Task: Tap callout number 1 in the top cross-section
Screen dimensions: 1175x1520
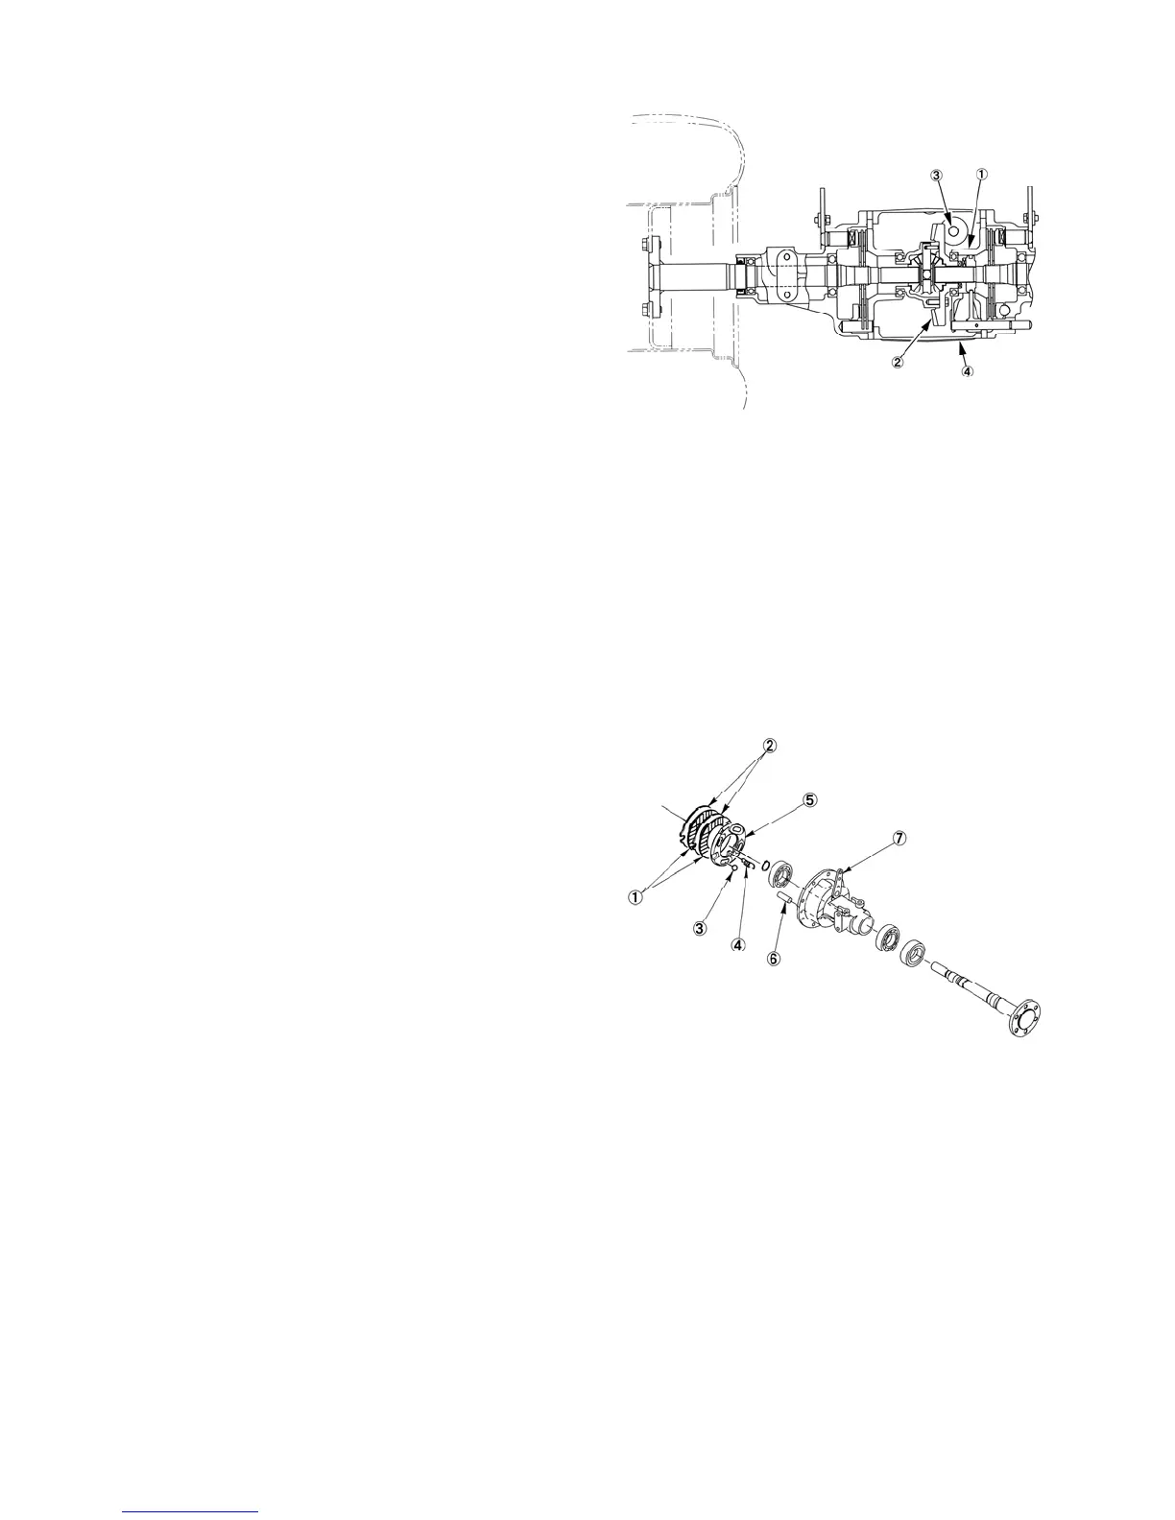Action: (981, 175)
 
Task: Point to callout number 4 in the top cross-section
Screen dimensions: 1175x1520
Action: (967, 372)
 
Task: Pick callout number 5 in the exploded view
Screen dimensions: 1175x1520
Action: (810, 799)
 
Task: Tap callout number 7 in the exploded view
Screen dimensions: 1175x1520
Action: (899, 838)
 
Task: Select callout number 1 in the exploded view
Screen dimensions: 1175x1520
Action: (635, 897)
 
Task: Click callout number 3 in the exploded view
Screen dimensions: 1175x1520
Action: (700, 928)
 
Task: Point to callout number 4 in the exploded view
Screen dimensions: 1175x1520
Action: (737, 944)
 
